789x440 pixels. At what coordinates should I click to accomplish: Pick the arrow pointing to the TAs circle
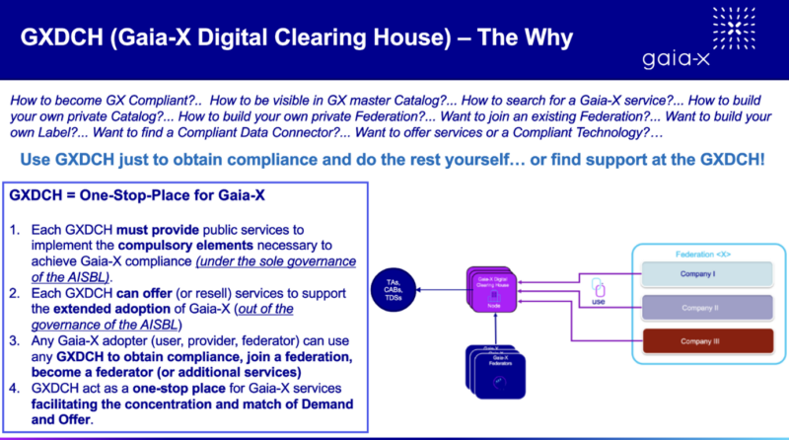(434, 291)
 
